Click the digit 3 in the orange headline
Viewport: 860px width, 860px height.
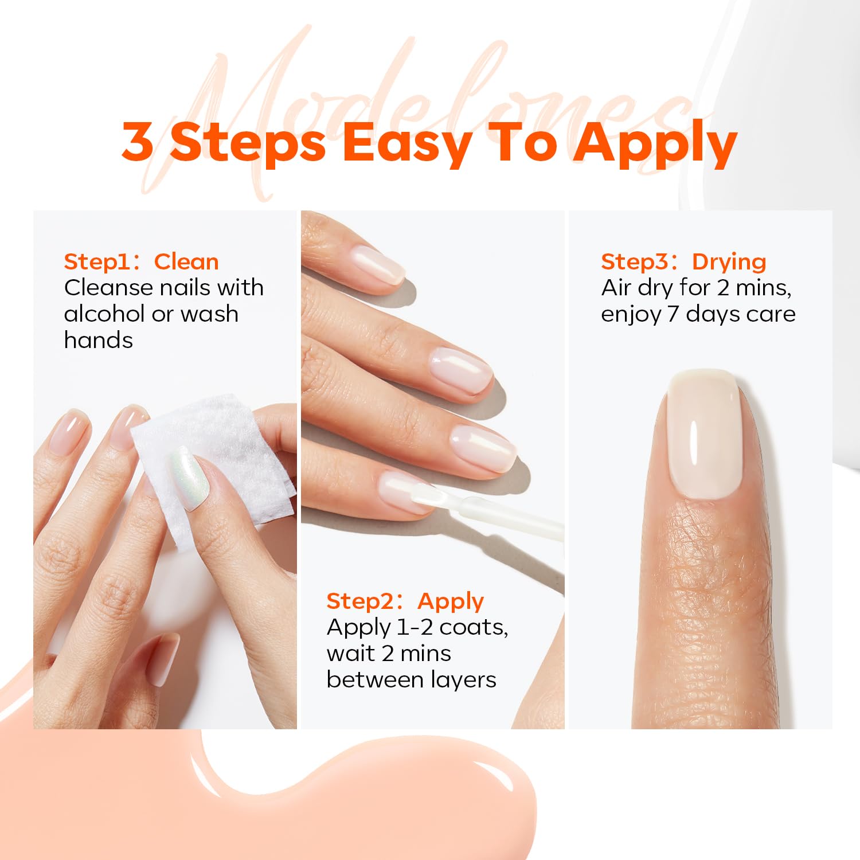click(x=138, y=141)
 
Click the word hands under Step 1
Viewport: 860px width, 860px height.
click(x=99, y=340)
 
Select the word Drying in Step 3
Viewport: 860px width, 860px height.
click(x=729, y=263)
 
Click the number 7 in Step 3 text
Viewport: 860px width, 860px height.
click(x=673, y=314)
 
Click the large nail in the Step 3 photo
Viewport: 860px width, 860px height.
click(x=705, y=433)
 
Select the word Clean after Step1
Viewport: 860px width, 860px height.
click(x=186, y=262)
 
